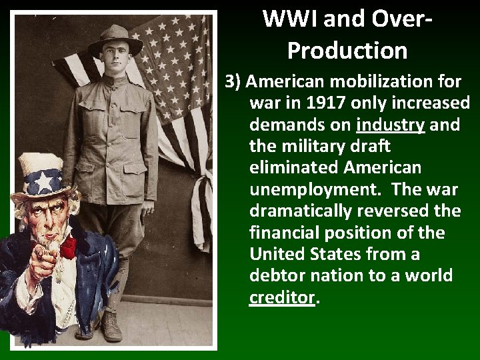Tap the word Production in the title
coord(347,51)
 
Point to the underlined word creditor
coord(281,297)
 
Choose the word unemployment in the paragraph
coord(315,189)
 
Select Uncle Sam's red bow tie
coord(69,248)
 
